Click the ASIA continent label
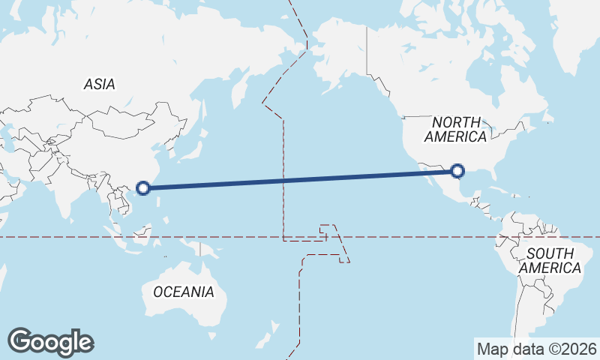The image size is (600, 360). (x=99, y=84)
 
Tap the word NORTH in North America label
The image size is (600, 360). (x=456, y=122)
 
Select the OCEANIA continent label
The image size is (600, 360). (x=184, y=292)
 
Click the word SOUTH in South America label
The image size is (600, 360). (x=550, y=253)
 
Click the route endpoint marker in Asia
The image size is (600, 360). (x=145, y=187)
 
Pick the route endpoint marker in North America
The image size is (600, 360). (x=459, y=172)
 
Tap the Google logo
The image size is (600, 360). (x=50, y=342)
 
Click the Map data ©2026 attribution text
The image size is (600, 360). (x=536, y=349)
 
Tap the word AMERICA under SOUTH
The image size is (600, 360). (x=550, y=268)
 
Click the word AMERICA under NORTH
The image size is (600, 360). (x=456, y=136)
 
